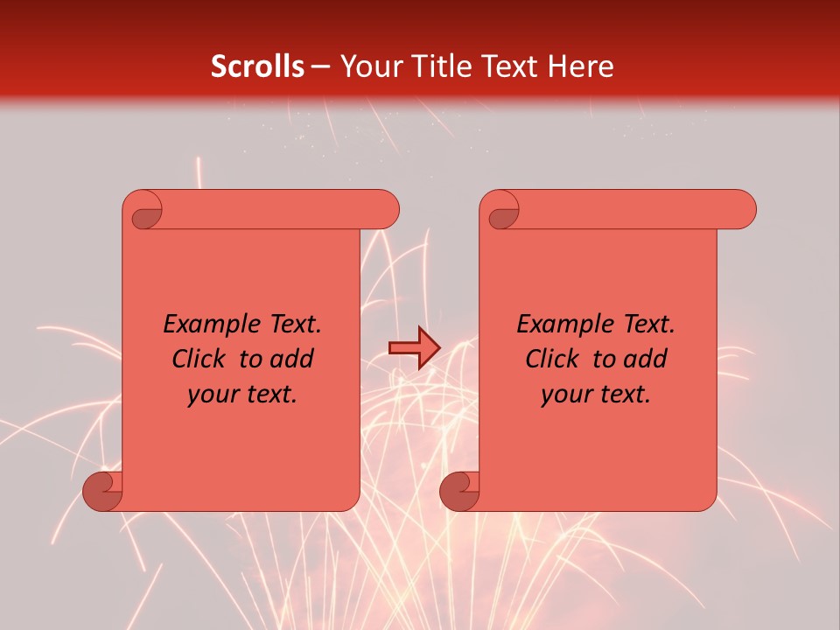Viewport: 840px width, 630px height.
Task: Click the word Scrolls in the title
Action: [x=257, y=66]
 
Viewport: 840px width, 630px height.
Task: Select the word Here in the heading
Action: [x=579, y=66]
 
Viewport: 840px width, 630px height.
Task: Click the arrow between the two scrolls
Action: [x=414, y=347]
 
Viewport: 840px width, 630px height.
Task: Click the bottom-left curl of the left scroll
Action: [x=102, y=491]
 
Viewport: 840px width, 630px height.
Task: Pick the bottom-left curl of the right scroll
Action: [x=459, y=491]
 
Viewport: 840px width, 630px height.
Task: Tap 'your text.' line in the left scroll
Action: [x=242, y=395]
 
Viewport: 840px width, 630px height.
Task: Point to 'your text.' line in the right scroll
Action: [x=596, y=395]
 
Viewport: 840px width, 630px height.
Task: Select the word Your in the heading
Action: [x=367, y=66]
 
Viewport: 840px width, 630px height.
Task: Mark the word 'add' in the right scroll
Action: [x=645, y=359]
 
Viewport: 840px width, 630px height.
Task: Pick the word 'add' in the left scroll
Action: [x=291, y=359]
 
